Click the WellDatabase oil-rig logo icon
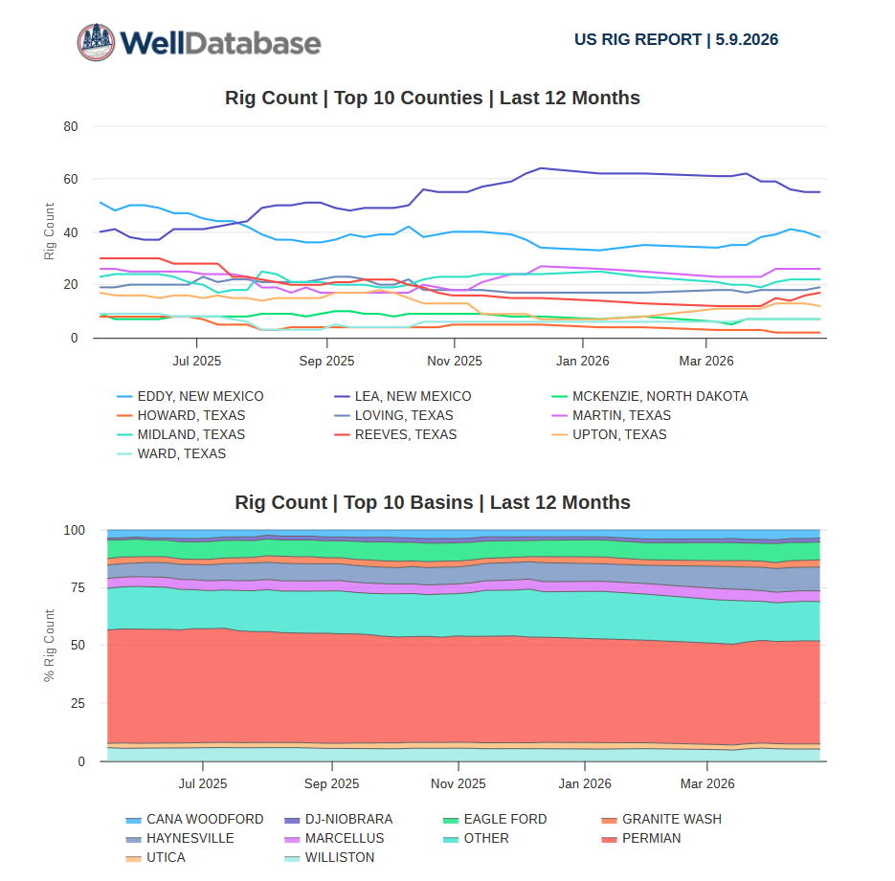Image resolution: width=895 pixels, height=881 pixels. click(x=96, y=42)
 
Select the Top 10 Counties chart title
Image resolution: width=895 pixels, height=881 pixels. click(x=432, y=98)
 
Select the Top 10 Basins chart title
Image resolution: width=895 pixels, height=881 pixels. click(x=432, y=502)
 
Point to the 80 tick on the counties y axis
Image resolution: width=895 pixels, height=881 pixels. click(x=71, y=126)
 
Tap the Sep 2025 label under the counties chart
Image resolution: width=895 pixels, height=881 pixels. click(x=326, y=361)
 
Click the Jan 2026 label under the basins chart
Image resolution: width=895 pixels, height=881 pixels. click(x=585, y=784)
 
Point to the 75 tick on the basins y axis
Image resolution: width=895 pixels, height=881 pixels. click(x=78, y=588)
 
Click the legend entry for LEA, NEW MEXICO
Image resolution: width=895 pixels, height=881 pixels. click(x=403, y=396)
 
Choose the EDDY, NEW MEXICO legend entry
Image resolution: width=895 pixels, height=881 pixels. click(x=190, y=396)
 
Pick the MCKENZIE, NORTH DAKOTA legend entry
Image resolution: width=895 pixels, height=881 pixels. click(x=650, y=396)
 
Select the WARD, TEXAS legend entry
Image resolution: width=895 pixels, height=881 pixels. click(x=171, y=454)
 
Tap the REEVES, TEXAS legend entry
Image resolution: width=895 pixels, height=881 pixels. click(x=395, y=434)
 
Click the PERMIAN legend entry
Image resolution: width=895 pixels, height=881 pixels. click(x=641, y=838)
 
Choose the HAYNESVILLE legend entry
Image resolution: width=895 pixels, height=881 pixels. click(x=180, y=838)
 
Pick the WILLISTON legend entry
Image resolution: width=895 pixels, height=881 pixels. click(x=329, y=858)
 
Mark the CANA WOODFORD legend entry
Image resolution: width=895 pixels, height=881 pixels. click(x=194, y=820)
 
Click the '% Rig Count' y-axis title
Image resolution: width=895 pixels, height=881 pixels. click(x=49, y=646)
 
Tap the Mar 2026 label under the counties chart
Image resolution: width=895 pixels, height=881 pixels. click(x=706, y=361)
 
